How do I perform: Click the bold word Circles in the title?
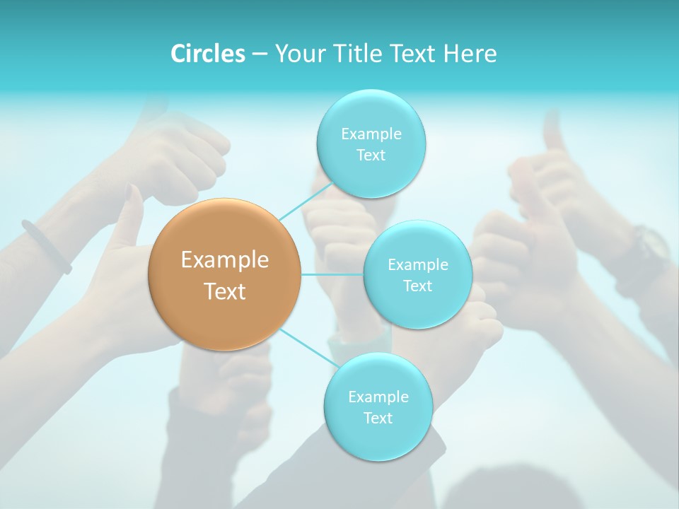(x=207, y=54)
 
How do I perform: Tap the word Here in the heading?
(x=469, y=54)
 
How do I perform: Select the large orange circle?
(x=225, y=274)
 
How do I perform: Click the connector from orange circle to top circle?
(x=306, y=199)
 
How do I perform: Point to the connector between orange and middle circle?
(x=332, y=274)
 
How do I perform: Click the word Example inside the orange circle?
(x=225, y=260)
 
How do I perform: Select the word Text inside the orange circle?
(x=225, y=291)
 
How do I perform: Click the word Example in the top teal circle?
(x=371, y=134)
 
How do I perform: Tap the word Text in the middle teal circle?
(x=417, y=286)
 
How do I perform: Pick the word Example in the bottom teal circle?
(x=378, y=397)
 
